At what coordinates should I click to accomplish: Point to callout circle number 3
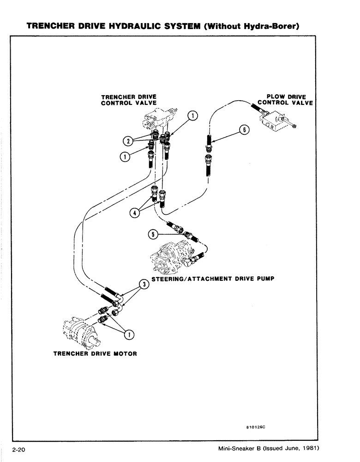pos(144,285)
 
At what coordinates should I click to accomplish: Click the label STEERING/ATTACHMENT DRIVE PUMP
pos(213,279)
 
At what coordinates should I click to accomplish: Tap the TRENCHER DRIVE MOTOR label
pos(95,354)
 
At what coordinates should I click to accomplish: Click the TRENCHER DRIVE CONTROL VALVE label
pos(129,100)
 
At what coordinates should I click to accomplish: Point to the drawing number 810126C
pos(255,428)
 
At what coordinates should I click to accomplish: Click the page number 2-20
pos(18,450)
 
